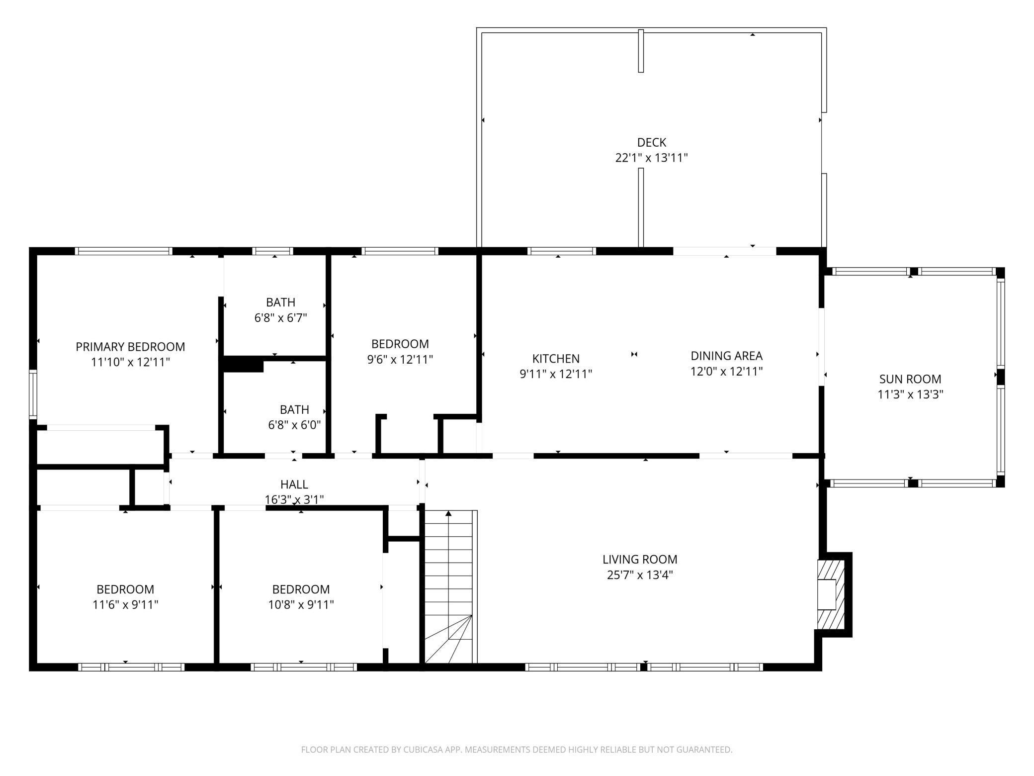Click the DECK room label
point(651,143)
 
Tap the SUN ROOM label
point(910,379)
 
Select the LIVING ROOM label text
point(640,560)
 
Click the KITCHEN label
point(556,359)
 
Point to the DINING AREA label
point(726,356)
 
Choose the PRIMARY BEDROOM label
point(130,347)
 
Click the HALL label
point(294,484)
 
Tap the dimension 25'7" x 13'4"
point(640,575)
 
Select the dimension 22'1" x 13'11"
point(651,158)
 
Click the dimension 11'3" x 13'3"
point(910,394)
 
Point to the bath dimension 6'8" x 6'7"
point(281,318)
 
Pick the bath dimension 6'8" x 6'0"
point(294,425)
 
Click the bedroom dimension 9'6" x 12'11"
point(400,359)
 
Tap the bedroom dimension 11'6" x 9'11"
point(125,605)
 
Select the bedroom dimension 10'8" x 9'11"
point(301,605)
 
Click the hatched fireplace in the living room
point(831,594)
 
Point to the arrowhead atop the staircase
point(448,513)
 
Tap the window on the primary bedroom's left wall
point(33,394)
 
